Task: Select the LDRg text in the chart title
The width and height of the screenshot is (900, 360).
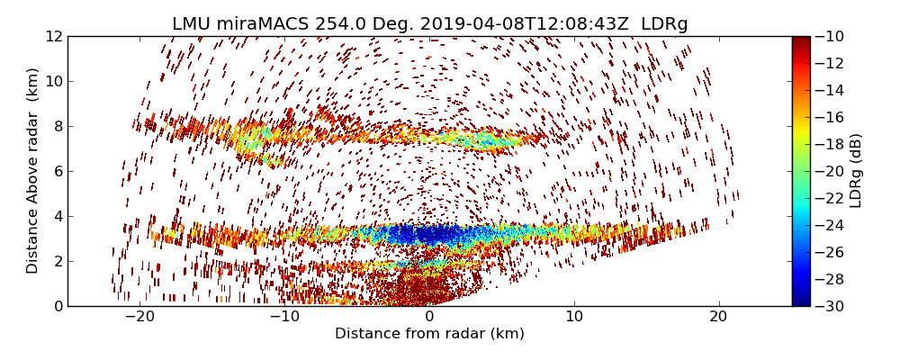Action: pyautogui.click(x=664, y=24)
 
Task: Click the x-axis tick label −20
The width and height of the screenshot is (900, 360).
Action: pyautogui.click(x=139, y=318)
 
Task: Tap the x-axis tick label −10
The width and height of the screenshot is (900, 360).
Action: pyautogui.click(x=284, y=318)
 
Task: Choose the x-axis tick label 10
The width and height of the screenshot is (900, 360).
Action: pyautogui.click(x=574, y=318)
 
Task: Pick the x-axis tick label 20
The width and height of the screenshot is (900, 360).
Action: pyautogui.click(x=718, y=318)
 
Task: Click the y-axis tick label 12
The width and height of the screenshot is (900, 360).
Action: pyautogui.click(x=53, y=37)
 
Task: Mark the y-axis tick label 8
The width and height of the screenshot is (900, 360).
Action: pyautogui.click(x=57, y=127)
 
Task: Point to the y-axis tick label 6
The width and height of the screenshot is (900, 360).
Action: pyautogui.click(x=57, y=172)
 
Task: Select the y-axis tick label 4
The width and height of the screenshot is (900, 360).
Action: pyautogui.click(x=57, y=217)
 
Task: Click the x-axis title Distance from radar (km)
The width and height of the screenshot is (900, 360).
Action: pyautogui.click(x=429, y=334)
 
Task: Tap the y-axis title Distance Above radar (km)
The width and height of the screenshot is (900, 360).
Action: pyautogui.click(x=33, y=171)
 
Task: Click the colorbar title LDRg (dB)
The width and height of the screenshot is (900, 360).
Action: pyautogui.click(x=857, y=171)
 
